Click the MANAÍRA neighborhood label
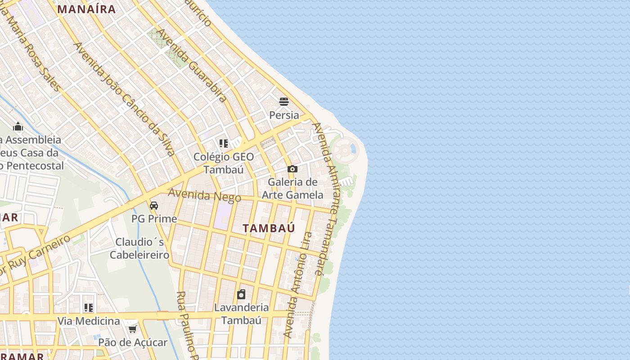tap(86, 9)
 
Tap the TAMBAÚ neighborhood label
tap(269, 228)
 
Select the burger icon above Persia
tap(283, 101)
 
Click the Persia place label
tap(284, 115)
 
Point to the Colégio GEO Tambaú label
tap(224, 163)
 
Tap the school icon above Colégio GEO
tap(224, 144)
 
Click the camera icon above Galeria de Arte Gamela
tap(292, 169)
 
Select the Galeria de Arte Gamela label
tap(292, 189)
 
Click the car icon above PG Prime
tap(154, 205)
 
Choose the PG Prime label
tap(154, 219)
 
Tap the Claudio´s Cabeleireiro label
tap(139, 248)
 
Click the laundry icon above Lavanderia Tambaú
tap(241, 294)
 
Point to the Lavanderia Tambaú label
tap(241, 314)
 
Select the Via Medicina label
tap(89, 321)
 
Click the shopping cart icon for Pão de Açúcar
tap(132, 329)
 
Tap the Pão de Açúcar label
tap(133, 342)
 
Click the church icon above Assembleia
tap(18, 126)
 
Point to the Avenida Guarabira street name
tap(191, 65)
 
